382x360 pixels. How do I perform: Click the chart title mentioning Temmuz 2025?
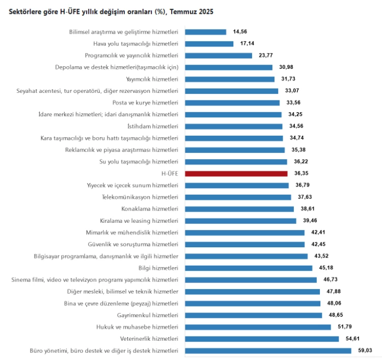click(x=111, y=12)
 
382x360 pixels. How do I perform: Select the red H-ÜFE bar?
click(x=236, y=173)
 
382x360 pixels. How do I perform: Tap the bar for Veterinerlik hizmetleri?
click(x=261, y=339)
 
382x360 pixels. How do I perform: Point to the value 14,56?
click(x=240, y=32)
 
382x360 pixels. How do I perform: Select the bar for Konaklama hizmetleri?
click(x=239, y=209)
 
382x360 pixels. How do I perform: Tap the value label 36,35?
click(x=303, y=173)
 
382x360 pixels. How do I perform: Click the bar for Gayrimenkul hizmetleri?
click(x=253, y=315)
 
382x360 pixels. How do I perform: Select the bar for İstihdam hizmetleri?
click(x=233, y=126)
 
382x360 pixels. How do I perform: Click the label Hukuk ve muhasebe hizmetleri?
click(x=137, y=327)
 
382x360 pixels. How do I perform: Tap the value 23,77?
click(x=266, y=56)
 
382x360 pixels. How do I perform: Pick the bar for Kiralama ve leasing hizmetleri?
click(x=240, y=221)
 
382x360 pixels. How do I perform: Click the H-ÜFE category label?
click(x=169, y=173)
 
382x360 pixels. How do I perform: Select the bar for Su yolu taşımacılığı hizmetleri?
click(x=235, y=162)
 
